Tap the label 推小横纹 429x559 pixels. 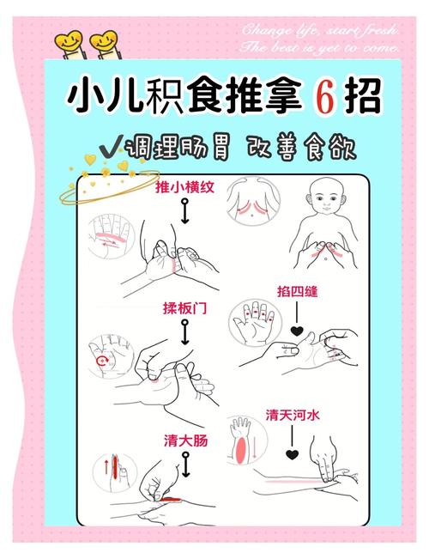pyautogui.click(x=184, y=188)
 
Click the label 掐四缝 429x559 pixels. pyautogui.click(x=297, y=292)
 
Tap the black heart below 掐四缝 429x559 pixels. pyautogui.click(x=295, y=331)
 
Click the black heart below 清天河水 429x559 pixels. pyautogui.click(x=292, y=452)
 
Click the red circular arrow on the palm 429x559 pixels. pyautogui.click(x=104, y=362)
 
